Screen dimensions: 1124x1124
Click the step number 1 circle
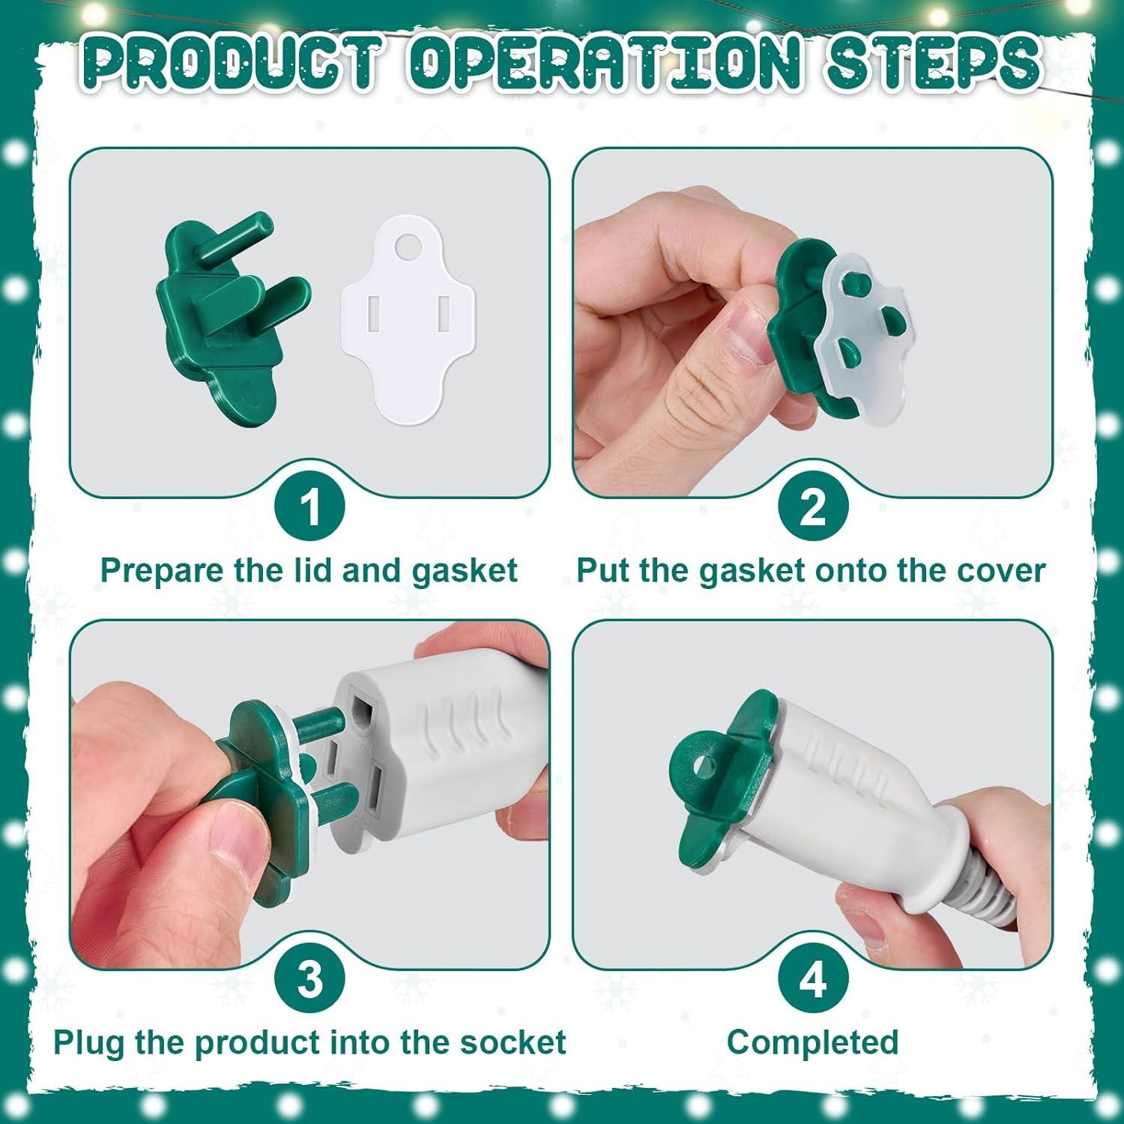[x=310, y=507]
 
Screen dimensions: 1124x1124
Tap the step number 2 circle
[x=813, y=507]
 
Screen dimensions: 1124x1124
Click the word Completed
[x=813, y=1042]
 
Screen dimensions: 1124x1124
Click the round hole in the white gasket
[x=409, y=245]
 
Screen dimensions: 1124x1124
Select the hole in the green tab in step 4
[x=703, y=765]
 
